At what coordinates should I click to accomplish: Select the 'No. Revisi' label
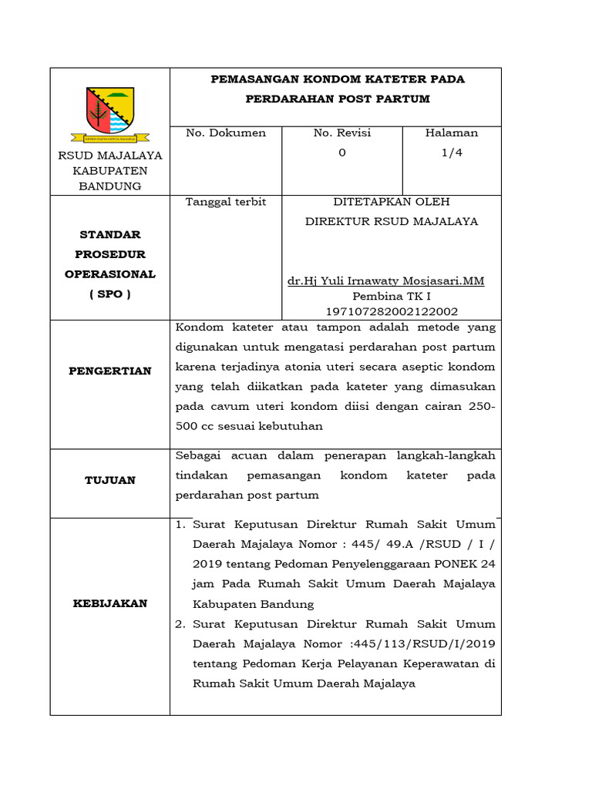341,133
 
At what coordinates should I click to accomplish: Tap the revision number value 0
341,153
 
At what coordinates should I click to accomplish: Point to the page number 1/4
452,153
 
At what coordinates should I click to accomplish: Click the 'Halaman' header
452,133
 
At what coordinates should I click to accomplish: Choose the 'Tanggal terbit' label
226,202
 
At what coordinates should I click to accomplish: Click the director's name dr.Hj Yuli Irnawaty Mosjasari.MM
385,281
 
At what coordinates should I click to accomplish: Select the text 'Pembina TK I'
392,296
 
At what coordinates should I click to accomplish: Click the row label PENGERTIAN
110,371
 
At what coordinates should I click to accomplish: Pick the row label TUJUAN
110,480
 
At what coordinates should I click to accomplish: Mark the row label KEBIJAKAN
110,603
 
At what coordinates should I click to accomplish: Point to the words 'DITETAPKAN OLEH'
392,202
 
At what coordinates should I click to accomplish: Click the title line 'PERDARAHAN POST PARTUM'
337,99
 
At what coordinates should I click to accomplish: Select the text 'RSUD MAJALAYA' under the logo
110,156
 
